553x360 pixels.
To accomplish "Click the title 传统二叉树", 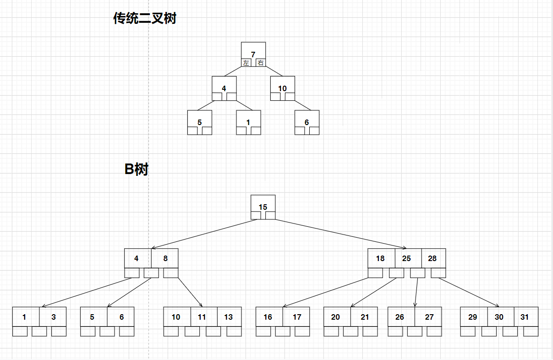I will [145, 18].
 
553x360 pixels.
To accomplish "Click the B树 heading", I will [137, 169].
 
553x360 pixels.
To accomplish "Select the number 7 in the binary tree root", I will [253, 54].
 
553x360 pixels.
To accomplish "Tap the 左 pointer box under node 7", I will [246, 63].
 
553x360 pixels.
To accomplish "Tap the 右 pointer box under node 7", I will [261, 63].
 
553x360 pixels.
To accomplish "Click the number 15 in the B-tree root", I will [263, 207].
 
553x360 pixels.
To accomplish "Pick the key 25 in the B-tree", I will [406, 258].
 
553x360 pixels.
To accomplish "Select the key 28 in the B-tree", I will [432, 258].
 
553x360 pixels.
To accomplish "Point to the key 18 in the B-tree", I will [380, 258].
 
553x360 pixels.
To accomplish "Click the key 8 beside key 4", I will [165, 258].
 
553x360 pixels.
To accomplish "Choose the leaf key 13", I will [228, 317].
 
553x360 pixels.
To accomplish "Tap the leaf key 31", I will [525, 317].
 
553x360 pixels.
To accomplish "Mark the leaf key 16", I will [268, 317].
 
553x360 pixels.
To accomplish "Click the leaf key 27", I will [429, 317].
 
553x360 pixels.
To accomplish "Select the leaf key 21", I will [365, 317].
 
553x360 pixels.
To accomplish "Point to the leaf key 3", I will [54, 317].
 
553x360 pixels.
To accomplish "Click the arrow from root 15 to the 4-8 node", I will [204, 234].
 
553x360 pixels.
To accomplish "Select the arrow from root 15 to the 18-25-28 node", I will [339, 234].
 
